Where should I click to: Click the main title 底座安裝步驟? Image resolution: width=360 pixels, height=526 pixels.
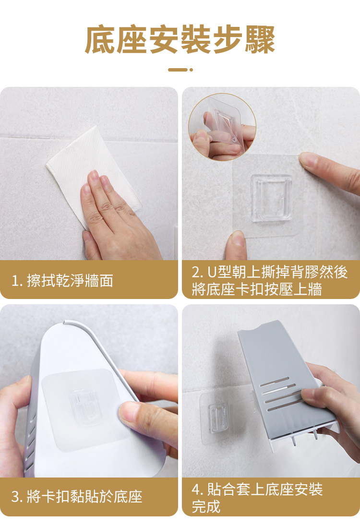point(180,39)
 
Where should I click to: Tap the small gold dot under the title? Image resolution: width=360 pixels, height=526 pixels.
point(191,70)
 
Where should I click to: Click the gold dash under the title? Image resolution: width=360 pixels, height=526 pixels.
point(178,70)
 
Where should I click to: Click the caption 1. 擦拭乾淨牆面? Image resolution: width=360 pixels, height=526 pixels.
point(62,280)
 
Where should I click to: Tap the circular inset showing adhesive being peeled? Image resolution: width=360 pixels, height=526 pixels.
point(222,127)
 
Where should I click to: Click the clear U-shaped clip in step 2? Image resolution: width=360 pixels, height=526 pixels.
point(271,198)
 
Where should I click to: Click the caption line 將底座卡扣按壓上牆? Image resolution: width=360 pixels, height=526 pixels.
point(257,289)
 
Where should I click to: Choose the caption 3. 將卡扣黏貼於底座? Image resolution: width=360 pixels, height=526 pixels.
point(77,496)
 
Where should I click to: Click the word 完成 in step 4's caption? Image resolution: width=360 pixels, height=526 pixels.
point(206,506)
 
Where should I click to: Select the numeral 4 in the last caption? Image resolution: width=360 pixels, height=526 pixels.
point(196,490)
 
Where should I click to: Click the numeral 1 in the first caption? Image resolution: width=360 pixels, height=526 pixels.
point(15,281)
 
